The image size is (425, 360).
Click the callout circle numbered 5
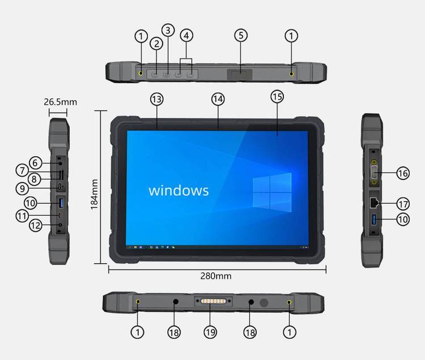coord(241,36)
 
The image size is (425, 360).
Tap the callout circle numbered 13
coord(157,99)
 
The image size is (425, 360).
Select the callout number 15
coord(277,97)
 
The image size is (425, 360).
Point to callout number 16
coord(403,173)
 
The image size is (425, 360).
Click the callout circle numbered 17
coord(403,204)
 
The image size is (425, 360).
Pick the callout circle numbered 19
coord(210,332)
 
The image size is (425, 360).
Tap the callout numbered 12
coord(36,225)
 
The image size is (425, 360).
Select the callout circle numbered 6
coord(35,163)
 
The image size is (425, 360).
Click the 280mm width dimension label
coord(216,276)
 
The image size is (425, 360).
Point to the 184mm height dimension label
coord(94,194)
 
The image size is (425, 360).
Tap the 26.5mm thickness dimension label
coord(61,102)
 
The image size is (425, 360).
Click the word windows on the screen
coord(178,190)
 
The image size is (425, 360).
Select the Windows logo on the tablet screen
coord(272,192)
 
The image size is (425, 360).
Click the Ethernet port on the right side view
coord(374,203)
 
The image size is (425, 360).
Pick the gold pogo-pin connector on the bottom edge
coord(213,301)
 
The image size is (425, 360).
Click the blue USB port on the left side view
coord(61,203)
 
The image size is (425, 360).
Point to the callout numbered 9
coord(22,188)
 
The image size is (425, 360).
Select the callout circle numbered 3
coord(168,30)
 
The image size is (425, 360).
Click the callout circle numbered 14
coord(218,99)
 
